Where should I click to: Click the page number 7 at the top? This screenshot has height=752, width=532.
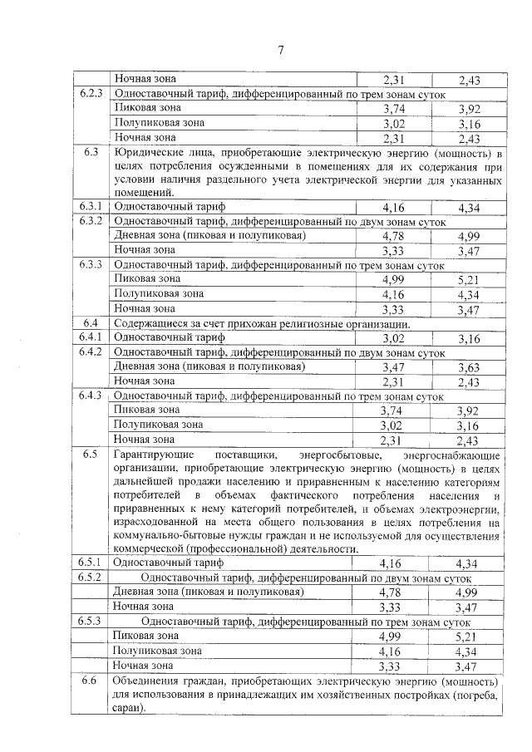point(280,51)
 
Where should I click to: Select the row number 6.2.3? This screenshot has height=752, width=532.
point(91,93)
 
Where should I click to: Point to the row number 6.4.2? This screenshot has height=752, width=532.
point(91,351)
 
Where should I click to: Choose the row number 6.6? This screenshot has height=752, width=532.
point(91,681)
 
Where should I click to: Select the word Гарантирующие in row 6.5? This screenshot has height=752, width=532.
point(154,455)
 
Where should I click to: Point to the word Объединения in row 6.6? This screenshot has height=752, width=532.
point(147,681)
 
